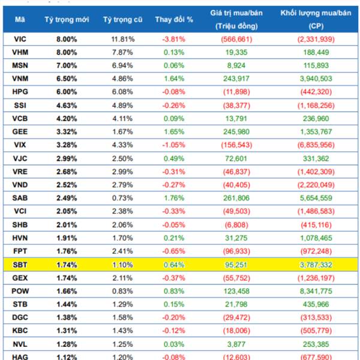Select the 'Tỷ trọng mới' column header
pyautogui.click(x=67, y=19)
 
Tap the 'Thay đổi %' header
pyautogui.click(x=174, y=19)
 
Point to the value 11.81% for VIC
pyautogui.click(x=122, y=39)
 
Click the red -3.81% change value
pyautogui.click(x=174, y=39)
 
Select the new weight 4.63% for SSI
pyautogui.click(x=67, y=105)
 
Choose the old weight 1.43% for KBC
pyautogui.click(x=122, y=329)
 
